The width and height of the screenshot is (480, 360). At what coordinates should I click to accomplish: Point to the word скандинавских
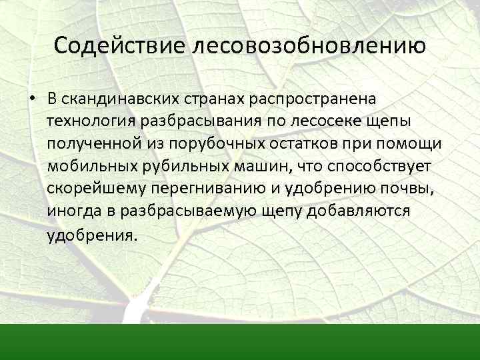(x=119, y=99)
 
